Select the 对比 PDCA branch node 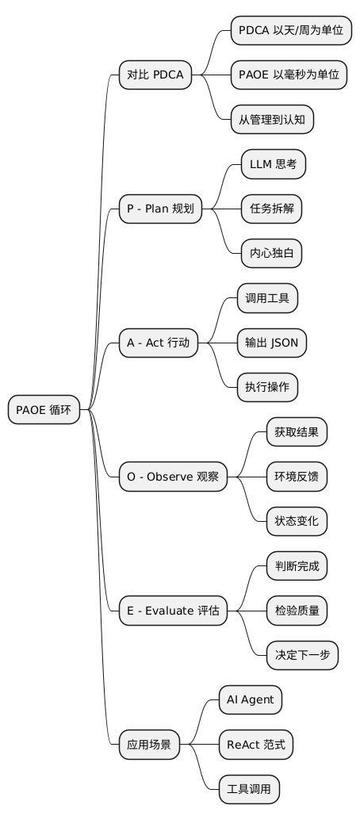pos(155,75)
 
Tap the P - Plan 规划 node pos(160,209)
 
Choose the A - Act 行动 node pos(159,343)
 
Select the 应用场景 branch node pos(149,745)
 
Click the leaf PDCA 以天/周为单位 pos(291,31)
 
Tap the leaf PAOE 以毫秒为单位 pos(289,75)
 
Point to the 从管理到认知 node pos(272,120)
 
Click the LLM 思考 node pos(273,165)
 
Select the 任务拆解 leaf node pos(270,209)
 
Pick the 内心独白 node pos(270,254)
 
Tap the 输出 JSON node pos(272,343)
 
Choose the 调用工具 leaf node pos(267,299)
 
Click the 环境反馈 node pos(296,477)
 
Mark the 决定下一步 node pos(301,656)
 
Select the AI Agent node pos(250,700)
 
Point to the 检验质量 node pos(296,611)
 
